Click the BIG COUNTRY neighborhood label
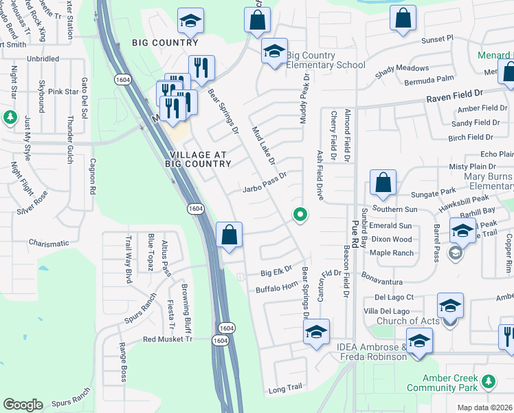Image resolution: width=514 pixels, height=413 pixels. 165,43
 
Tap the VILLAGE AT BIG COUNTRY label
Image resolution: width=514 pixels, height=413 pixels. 198,159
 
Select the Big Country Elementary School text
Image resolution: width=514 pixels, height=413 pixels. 325,60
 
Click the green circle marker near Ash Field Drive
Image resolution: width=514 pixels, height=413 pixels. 300,215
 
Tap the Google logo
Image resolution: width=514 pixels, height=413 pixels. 23,405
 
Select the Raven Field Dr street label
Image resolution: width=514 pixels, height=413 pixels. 455,92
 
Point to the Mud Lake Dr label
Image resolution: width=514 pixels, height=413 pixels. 263,145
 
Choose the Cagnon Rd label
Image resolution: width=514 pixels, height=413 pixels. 92,175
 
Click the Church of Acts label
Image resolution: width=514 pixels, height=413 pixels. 407,321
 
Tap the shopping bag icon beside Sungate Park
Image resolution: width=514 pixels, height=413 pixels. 383,182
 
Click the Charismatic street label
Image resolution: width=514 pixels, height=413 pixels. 49,243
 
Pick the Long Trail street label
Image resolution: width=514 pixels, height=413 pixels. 284,388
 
